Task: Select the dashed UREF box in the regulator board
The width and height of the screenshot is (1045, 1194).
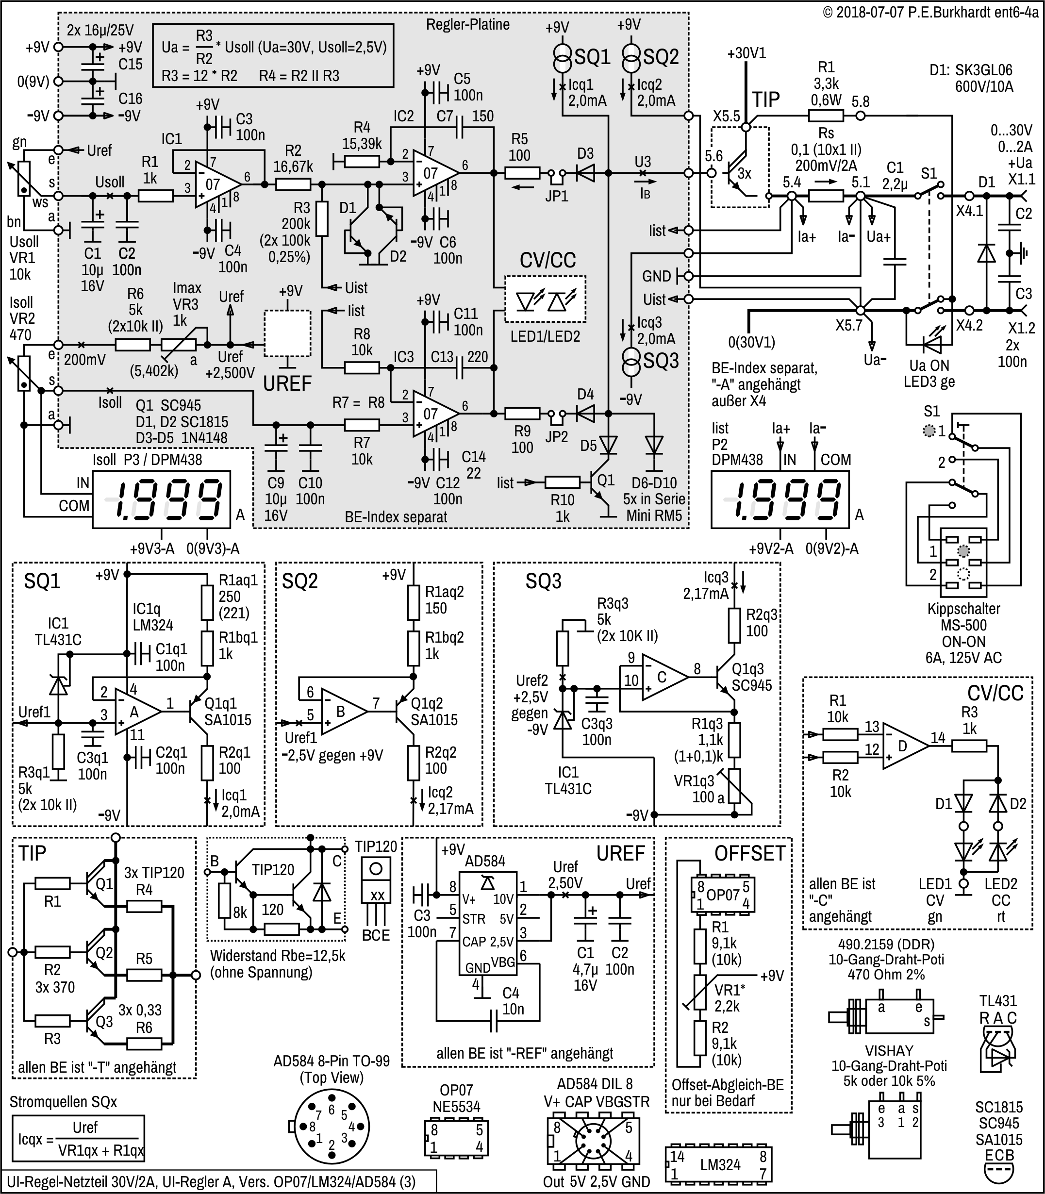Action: point(287,333)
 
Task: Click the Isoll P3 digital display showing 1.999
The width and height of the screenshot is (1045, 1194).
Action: point(162,499)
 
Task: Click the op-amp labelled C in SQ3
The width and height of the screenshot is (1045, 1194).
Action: point(663,677)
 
